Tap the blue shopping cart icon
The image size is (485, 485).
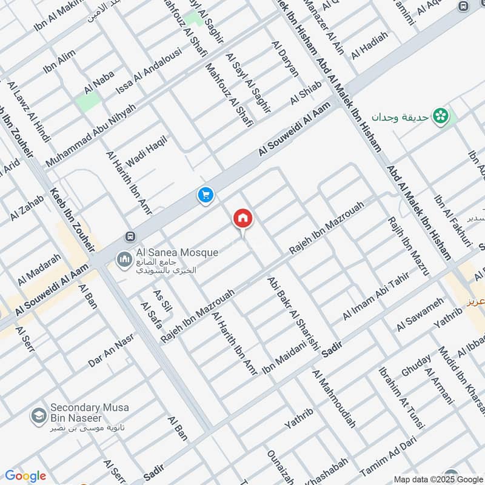coord(206,195)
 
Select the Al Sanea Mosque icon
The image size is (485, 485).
coord(124,259)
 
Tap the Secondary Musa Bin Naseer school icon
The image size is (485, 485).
coord(39,416)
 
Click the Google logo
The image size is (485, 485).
coord(25,476)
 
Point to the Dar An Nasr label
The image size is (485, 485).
coord(110,351)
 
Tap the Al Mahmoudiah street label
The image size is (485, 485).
coord(333,398)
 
